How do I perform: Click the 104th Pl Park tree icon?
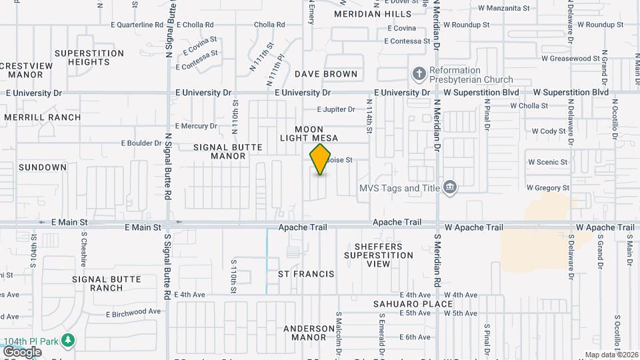67,340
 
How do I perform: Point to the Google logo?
21,351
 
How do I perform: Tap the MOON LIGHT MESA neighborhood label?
309,133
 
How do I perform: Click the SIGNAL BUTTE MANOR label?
219,151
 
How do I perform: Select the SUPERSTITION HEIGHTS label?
89,57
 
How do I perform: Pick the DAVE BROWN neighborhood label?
326,74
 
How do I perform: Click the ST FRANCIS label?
306,274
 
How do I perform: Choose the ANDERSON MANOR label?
309,333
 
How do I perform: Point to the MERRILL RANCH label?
42,117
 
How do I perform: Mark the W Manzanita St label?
504,9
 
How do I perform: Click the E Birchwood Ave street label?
133,311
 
